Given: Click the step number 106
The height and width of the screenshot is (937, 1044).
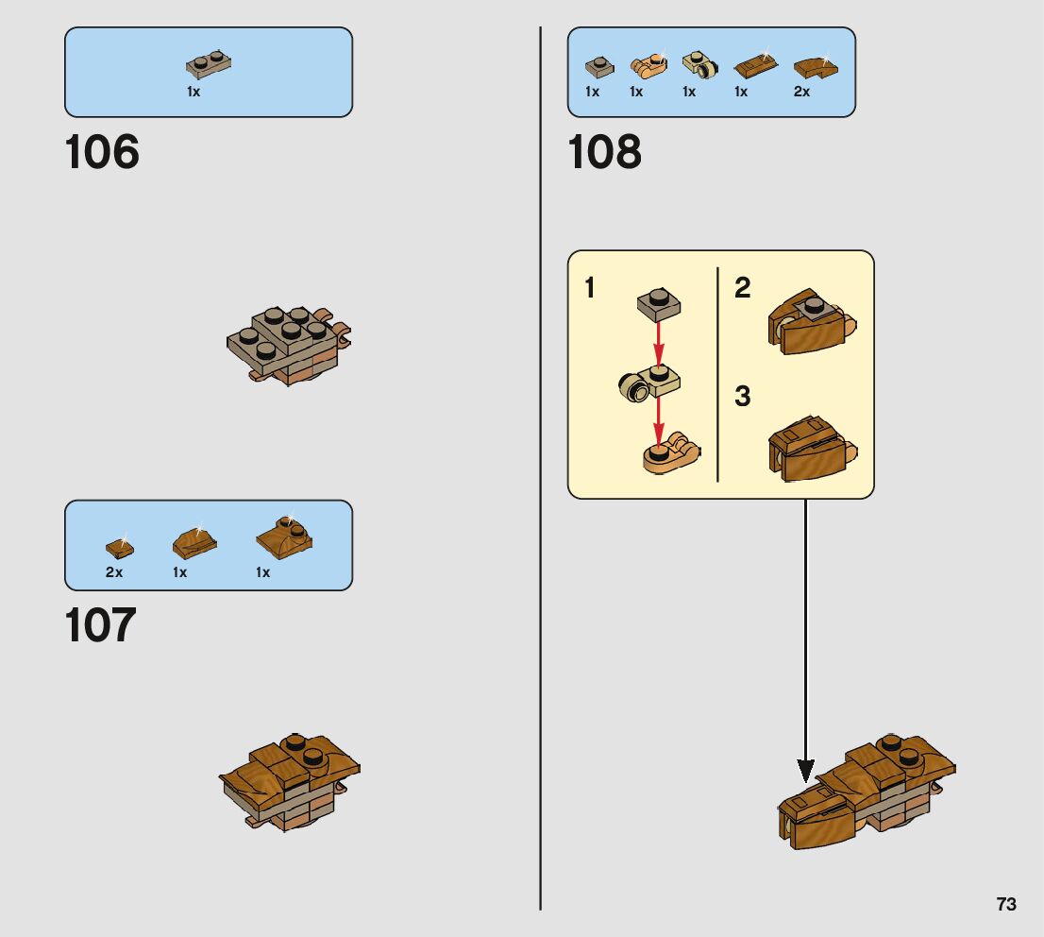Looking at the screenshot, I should (102, 152).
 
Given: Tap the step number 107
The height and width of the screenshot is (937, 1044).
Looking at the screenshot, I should (101, 625).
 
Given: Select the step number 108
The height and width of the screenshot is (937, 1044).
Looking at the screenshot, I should (604, 152).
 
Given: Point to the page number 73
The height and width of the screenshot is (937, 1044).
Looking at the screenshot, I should (1006, 904).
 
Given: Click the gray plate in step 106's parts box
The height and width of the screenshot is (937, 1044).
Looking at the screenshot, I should (209, 64).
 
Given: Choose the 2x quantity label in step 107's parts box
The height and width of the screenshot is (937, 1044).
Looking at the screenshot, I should (114, 572).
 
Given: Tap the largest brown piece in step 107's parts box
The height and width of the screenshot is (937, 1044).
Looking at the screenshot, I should (284, 537).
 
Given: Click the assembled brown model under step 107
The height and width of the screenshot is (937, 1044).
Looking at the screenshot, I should (291, 781).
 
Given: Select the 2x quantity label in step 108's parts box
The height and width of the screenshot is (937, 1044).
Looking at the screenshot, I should (801, 92).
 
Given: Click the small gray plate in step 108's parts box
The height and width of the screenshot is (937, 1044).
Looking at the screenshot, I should (598, 66).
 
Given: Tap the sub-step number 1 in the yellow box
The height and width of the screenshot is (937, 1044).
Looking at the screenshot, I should (590, 287).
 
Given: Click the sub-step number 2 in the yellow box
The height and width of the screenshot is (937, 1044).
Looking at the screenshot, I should (743, 287).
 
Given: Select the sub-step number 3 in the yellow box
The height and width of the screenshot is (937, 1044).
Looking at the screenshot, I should (743, 397).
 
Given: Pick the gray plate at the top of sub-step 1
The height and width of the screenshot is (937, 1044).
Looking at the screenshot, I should (659, 305).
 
